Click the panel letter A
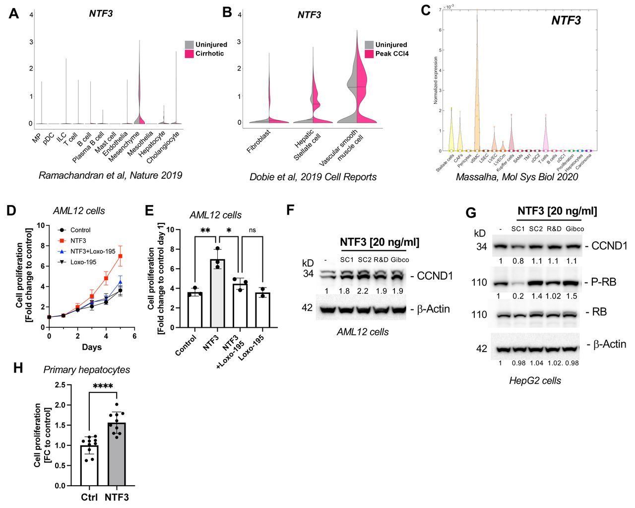(x=14, y=13)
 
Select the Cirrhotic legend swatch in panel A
(x=189, y=54)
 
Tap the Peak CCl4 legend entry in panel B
(x=391, y=54)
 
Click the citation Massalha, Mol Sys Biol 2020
(x=517, y=177)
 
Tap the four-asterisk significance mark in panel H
(x=103, y=386)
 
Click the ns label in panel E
(x=252, y=230)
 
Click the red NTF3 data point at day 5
(x=120, y=256)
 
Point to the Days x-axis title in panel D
(x=92, y=347)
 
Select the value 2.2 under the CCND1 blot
(x=363, y=291)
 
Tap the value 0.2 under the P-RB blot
(x=518, y=296)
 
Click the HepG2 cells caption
(x=535, y=381)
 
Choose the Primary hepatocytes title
(x=87, y=370)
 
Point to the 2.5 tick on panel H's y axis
(x=60, y=385)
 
